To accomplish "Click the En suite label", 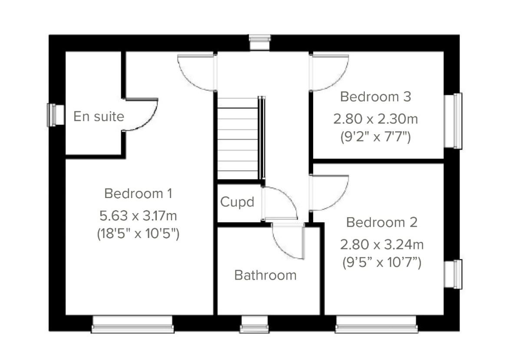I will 99,116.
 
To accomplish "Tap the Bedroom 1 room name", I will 138,194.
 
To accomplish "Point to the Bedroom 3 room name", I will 375,97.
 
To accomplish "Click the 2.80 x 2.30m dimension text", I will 375,118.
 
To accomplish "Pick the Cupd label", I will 237,202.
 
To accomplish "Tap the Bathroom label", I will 265,275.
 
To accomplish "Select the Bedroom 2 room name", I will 382,223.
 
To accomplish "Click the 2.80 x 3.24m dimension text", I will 382,244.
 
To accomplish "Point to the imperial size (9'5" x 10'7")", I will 382,262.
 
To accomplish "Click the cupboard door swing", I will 279,203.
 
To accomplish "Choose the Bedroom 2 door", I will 329,192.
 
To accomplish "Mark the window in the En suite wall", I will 52,115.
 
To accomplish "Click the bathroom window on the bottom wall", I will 254,325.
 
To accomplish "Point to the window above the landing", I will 260,43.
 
